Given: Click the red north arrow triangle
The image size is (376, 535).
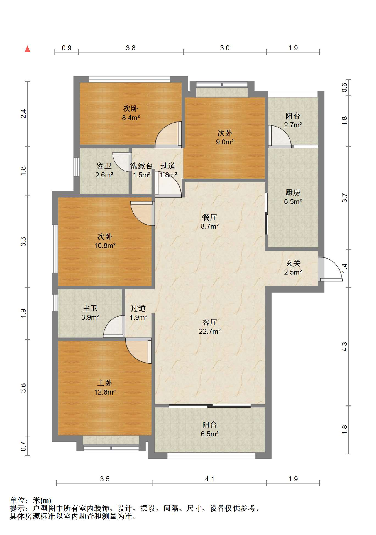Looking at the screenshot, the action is point(27,49).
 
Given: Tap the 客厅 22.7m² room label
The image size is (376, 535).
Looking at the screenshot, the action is point(210,327).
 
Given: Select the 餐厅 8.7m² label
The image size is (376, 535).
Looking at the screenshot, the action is point(210,222).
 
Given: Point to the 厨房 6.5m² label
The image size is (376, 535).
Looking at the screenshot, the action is point(293,197).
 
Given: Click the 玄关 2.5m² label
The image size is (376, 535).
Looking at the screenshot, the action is point(293,267).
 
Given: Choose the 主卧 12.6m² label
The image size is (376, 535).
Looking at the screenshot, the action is point(105,387).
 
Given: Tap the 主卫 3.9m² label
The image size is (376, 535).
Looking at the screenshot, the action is point(90,313).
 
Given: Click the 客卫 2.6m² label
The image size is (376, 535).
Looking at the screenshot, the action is point(104,170).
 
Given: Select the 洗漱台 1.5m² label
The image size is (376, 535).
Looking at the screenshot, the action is point(141,170).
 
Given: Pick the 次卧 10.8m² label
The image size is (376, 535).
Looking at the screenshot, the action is point(105,241).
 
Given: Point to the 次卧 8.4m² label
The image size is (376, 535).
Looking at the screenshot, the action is point(131,113).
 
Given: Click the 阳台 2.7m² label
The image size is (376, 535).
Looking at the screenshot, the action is point(293,120).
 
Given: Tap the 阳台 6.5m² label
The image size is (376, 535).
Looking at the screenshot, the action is point(210,429).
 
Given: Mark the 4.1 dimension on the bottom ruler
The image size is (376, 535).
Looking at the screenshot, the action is point(209,479).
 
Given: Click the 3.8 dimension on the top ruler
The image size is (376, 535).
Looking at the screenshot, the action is point(131,48).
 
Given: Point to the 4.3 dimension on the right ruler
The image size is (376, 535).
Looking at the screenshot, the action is point(345,347).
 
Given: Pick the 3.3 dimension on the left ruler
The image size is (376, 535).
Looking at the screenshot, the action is point(23,242).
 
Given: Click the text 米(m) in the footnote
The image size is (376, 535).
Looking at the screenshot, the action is point(42,500).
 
